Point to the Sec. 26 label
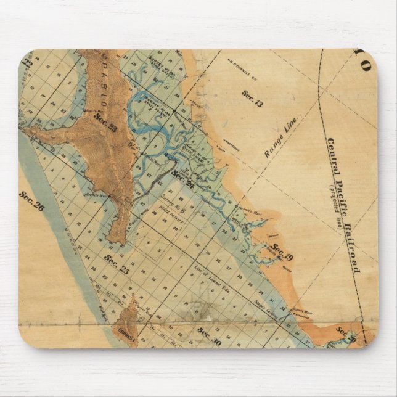pyautogui.click(x=31, y=202)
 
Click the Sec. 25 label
pyautogui.click(x=117, y=263)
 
